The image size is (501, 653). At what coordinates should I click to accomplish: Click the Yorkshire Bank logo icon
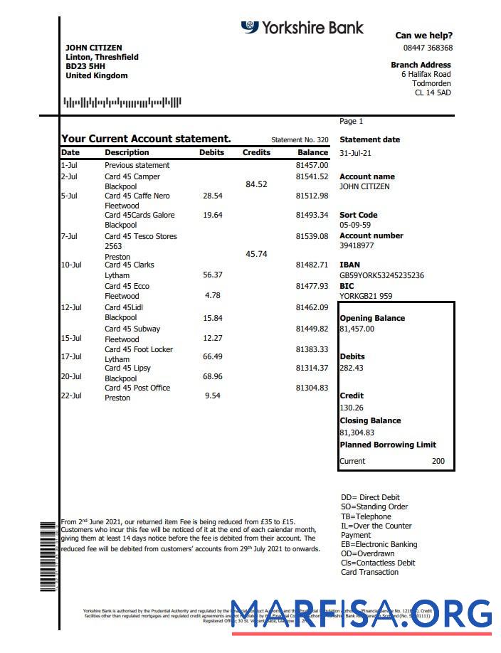point(250,27)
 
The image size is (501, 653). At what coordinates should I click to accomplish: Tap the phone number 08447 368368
point(428,48)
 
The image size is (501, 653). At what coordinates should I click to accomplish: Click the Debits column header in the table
point(211,152)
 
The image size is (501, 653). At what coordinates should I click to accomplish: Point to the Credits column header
point(256,152)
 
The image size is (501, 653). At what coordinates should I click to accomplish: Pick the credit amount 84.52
point(256,184)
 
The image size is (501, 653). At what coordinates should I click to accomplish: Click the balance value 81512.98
point(312,196)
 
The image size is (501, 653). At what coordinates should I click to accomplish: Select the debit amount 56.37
point(213,275)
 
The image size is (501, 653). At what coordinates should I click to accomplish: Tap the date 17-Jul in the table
point(71,356)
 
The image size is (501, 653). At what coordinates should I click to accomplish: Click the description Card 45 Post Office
point(137,388)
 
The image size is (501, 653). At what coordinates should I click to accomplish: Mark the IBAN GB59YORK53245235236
point(381,275)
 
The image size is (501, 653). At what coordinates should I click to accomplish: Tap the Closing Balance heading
point(370,420)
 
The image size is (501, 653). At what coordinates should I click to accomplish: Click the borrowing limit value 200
point(438,461)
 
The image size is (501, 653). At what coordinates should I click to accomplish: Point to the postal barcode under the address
point(122,102)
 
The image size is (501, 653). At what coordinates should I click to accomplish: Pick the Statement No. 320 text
point(300,140)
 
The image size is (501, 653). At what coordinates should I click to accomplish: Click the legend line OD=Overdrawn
point(368,553)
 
